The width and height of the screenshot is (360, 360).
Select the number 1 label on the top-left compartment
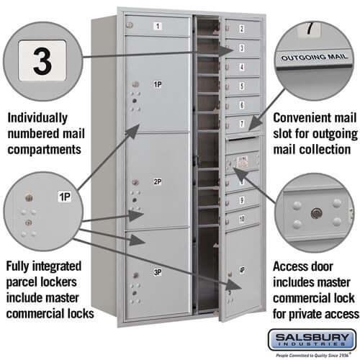(158, 27)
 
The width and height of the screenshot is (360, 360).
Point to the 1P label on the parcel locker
(158, 85)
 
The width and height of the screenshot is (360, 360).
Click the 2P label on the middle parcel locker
(158, 182)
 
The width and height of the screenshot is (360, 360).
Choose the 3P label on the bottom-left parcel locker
(157, 271)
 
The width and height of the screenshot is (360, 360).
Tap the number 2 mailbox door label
(240, 30)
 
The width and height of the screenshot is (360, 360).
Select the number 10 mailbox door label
(241, 218)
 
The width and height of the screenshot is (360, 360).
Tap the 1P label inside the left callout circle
(64, 196)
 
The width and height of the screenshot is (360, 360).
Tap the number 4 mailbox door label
(241, 67)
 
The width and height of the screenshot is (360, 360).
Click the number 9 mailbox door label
(241, 199)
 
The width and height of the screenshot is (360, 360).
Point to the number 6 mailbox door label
(241, 105)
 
